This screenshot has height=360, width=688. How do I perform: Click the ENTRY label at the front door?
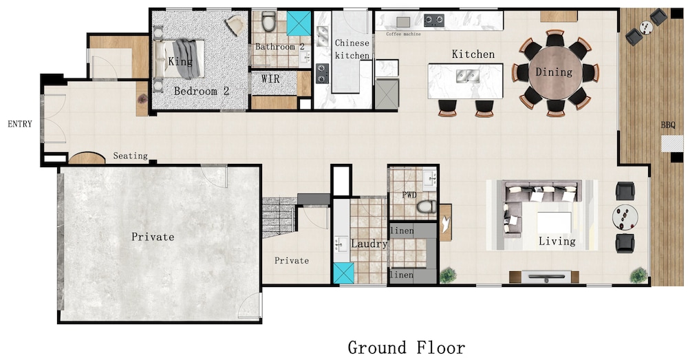pos(20,124)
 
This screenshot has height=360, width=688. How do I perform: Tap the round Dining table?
pos(555,72)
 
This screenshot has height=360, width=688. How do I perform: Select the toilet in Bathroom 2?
pos(268,21)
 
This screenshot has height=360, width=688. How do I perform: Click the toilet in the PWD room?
pos(426,207)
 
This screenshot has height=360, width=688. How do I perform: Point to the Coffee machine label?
pos(403,34)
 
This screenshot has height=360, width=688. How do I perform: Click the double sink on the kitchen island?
pos(466,76)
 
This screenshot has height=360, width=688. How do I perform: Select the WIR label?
pos(270,79)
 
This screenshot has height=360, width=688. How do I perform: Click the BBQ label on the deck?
pos(668,125)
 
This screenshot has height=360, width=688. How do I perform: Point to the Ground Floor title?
pos(407,348)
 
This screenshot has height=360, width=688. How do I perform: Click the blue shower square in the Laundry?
pos(343,273)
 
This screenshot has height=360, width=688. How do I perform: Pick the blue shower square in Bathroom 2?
pos(299,23)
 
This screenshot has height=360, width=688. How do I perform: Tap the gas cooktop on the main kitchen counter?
pos(433,20)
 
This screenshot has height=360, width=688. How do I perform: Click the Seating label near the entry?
pos(130,156)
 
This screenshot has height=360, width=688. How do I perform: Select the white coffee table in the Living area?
pos(554,222)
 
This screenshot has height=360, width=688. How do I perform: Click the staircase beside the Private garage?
pos(279,218)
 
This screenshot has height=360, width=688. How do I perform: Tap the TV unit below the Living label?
pos(544,277)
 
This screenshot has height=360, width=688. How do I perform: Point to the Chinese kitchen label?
pos(352,49)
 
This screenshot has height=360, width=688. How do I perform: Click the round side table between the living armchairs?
pos(625,217)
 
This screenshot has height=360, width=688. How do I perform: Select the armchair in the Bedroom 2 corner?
pos(236,25)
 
